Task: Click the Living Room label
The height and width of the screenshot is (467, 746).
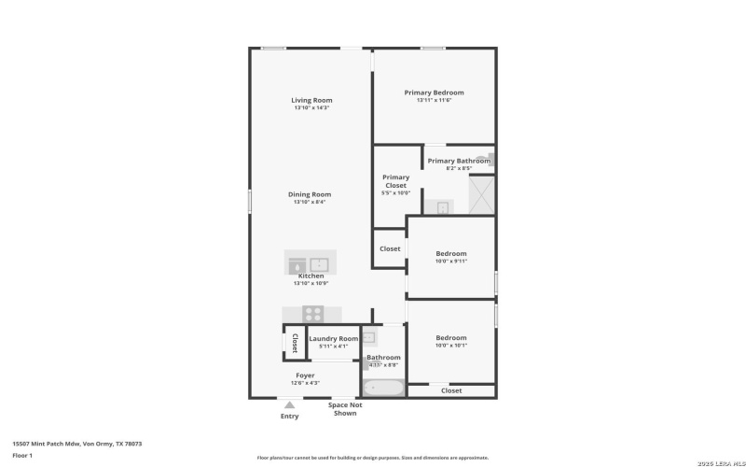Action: pyautogui.click(x=311, y=100)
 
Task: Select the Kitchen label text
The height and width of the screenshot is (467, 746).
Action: pyautogui.click(x=311, y=276)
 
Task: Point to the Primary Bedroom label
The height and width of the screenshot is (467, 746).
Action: pyautogui.click(x=434, y=92)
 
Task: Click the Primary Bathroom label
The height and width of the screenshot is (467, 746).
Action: pyautogui.click(x=459, y=161)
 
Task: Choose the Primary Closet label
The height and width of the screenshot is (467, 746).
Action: pyautogui.click(x=395, y=181)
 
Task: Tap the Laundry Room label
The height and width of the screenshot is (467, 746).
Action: pyautogui.click(x=333, y=338)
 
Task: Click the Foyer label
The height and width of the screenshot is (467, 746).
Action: pyautogui.click(x=305, y=375)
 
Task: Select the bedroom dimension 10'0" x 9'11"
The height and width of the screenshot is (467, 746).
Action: pyautogui.click(x=451, y=262)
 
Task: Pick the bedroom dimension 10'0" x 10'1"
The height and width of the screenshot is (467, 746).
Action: pyautogui.click(x=451, y=346)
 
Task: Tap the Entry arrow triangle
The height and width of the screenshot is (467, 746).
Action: pyautogui.click(x=290, y=404)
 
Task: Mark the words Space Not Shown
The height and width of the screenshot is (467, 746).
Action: pyautogui.click(x=344, y=409)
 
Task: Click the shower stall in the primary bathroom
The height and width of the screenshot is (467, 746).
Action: pyautogui.click(x=482, y=195)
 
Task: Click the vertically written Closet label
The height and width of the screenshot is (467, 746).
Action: pyautogui.click(x=295, y=342)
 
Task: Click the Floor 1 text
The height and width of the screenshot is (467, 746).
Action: pyautogui.click(x=22, y=455)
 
